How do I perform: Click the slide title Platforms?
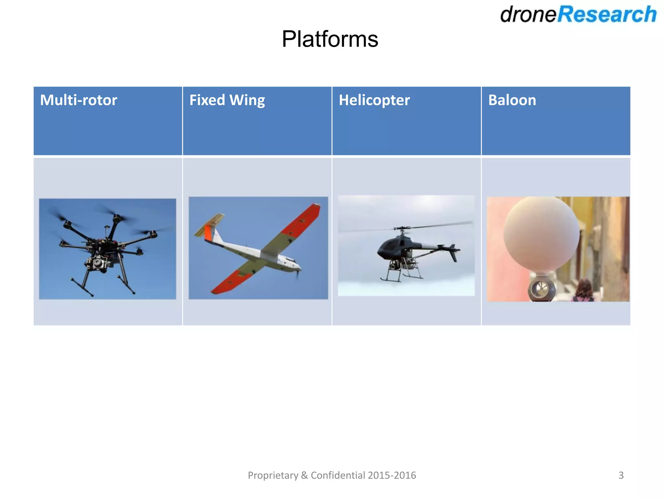[330, 39]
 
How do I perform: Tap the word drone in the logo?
[528, 15]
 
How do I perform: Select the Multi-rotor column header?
[78, 100]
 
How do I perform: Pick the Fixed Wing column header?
[227, 100]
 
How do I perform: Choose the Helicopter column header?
[374, 100]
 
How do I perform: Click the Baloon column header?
[512, 100]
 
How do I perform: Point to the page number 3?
[621, 475]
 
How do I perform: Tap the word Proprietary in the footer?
[273, 475]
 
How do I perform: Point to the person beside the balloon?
[583, 290]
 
